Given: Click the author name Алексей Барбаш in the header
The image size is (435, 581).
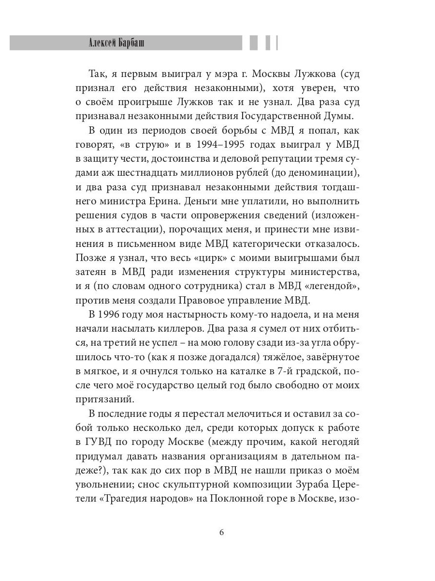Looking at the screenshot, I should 117,43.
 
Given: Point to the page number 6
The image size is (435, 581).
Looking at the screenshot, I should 221,533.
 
